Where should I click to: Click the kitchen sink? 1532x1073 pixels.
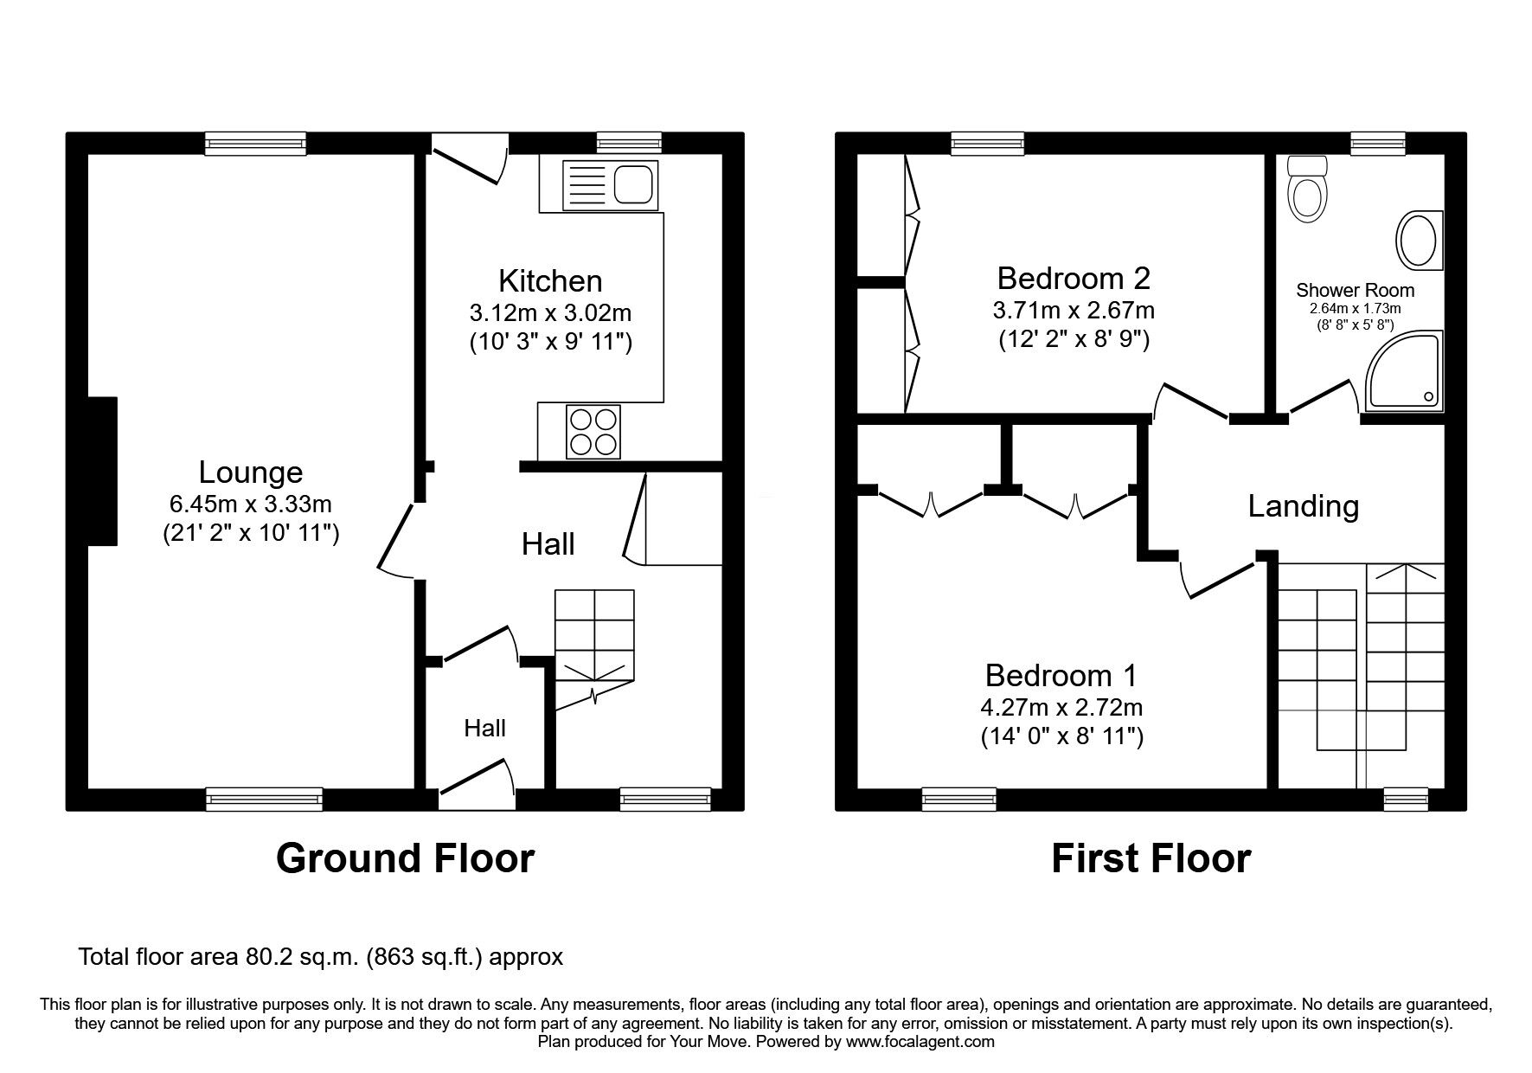pyautogui.click(x=610, y=184)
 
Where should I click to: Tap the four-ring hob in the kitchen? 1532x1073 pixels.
pyautogui.click(x=593, y=432)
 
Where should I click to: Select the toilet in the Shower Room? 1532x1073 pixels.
pyautogui.click(x=1305, y=187)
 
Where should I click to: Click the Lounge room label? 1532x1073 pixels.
pyautogui.click(x=251, y=472)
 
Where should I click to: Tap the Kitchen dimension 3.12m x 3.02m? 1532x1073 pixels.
pyautogui.click(x=550, y=312)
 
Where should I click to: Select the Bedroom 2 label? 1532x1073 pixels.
pyautogui.click(x=1074, y=278)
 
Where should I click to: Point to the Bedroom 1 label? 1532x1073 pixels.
pyautogui.click(x=1061, y=675)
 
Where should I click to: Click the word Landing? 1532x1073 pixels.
pyautogui.click(x=1303, y=506)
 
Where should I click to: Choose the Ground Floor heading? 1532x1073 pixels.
pyautogui.click(x=405, y=858)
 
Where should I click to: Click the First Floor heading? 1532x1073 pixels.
pyautogui.click(x=1151, y=858)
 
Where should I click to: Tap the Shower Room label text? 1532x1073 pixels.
pyautogui.click(x=1355, y=291)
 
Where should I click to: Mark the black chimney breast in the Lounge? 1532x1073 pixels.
pyautogui.click(x=102, y=471)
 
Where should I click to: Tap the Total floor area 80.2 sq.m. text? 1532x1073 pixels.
pyautogui.click(x=321, y=957)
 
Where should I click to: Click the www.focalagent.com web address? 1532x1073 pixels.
pyautogui.click(x=920, y=1042)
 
